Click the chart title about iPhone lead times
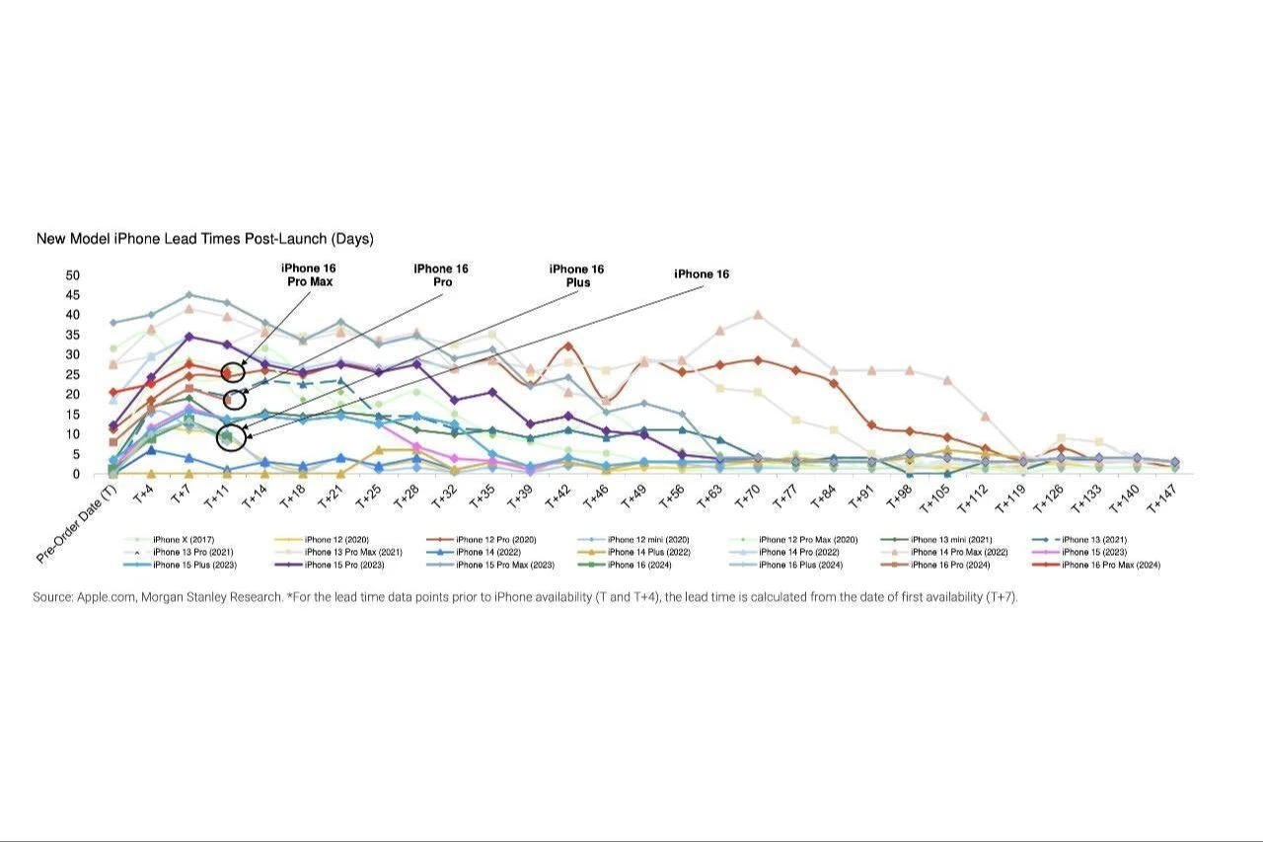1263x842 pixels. pyautogui.click(x=204, y=239)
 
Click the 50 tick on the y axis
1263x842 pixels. pyautogui.click(x=73, y=274)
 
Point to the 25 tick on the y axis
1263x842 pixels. pyautogui.click(x=73, y=374)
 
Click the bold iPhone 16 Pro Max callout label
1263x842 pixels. pyautogui.click(x=307, y=274)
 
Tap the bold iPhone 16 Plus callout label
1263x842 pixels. pyautogui.click(x=577, y=275)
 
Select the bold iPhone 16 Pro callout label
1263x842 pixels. pyautogui.click(x=440, y=275)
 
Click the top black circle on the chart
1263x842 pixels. pyautogui.click(x=232, y=372)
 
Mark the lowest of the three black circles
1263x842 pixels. pyautogui.click(x=229, y=436)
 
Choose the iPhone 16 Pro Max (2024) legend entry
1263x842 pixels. pyautogui.click(x=1110, y=566)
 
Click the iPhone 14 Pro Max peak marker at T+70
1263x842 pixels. pyautogui.click(x=757, y=315)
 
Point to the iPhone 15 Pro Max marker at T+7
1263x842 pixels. pyautogui.click(x=188, y=294)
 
